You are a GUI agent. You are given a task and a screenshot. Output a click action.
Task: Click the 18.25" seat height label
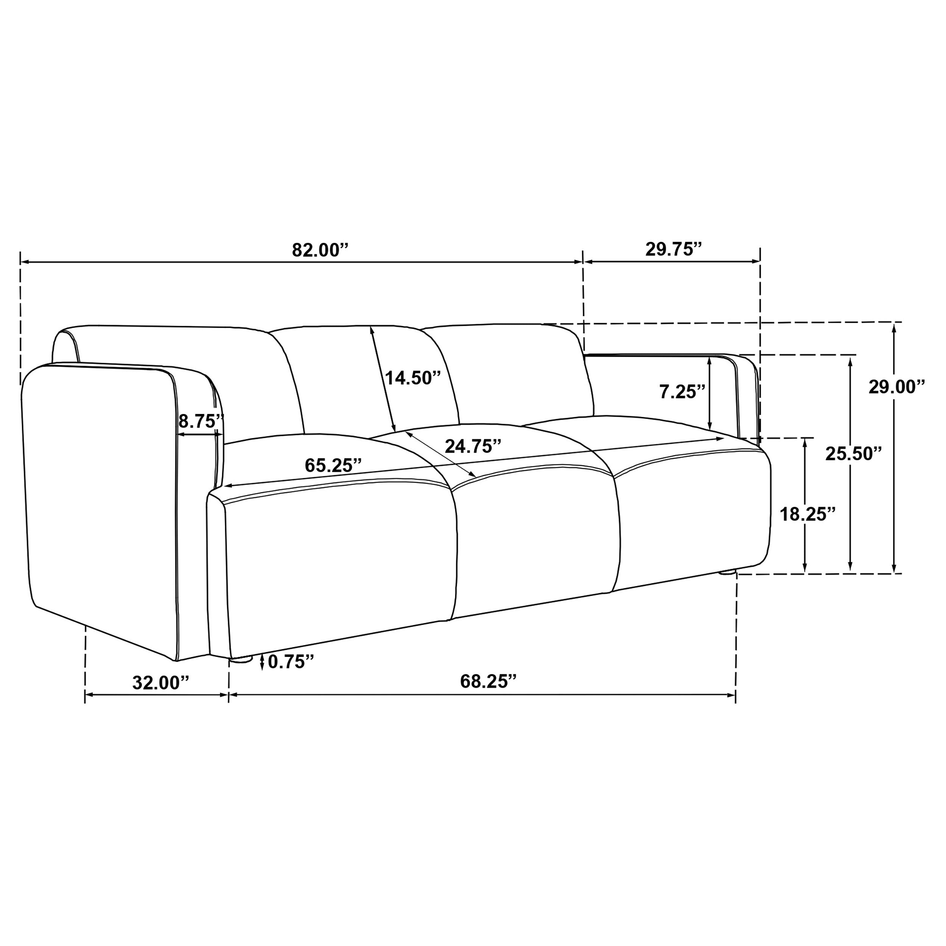pyautogui.click(x=808, y=514)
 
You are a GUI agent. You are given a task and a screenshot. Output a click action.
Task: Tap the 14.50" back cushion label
pyautogui.click(x=413, y=378)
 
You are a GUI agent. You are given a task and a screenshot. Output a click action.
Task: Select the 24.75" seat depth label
pyautogui.click(x=473, y=446)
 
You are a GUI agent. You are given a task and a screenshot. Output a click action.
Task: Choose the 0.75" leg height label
pyautogui.click(x=290, y=662)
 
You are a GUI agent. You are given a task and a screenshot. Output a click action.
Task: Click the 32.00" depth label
pyautogui.click(x=160, y=683)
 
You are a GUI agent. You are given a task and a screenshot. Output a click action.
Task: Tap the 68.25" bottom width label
pyautogui.click(x=488, y=681)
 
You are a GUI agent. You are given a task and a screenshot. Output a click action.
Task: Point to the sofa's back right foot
pyautogui.click(x=728, y=572)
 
